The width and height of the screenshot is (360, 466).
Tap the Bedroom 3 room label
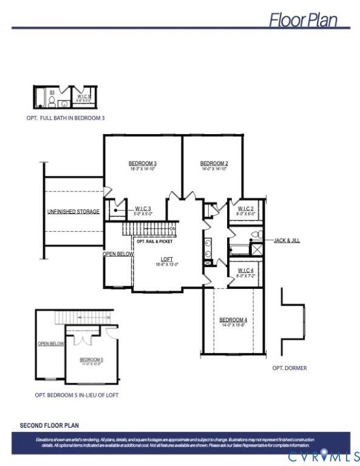pos(143,163)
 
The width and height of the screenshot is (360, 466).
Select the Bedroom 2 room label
pos(214,163)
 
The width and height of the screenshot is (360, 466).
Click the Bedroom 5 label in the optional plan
pos(92,360)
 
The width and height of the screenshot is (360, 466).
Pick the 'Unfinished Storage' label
pos(73,212)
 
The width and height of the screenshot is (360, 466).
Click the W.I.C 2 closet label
pos(245,208)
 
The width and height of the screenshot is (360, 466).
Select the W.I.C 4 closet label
pos(245,269)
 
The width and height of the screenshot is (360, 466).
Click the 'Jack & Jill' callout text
pos(287,240)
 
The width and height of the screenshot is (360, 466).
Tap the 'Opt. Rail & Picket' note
pos(155,241)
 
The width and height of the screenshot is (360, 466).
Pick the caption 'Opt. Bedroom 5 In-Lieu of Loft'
pos(76,395)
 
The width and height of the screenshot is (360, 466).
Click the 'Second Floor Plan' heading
pos(49,425)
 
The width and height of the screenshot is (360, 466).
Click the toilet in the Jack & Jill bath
pos(257,234)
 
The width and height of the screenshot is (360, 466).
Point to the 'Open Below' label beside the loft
pos(118,254)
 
